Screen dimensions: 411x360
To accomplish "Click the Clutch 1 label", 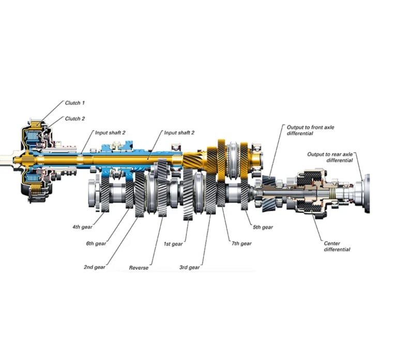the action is click(x=75, y=103).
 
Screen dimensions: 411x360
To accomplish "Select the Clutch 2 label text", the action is click(x=75, y=118).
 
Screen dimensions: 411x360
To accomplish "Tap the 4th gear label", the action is click(x=83, y=227).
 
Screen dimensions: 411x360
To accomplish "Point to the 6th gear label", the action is click(x=96, y=244).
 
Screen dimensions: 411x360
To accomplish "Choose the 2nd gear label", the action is click(x=95, y=267).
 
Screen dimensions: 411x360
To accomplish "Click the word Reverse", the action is click(x=139, y=268).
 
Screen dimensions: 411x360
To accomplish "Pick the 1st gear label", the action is click(x=173, y=244).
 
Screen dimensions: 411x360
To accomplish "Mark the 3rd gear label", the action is click(x=190, y=267).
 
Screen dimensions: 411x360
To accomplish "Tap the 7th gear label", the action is click(x=241, y=244).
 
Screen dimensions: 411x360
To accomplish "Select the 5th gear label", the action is click(x=263, y=227).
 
